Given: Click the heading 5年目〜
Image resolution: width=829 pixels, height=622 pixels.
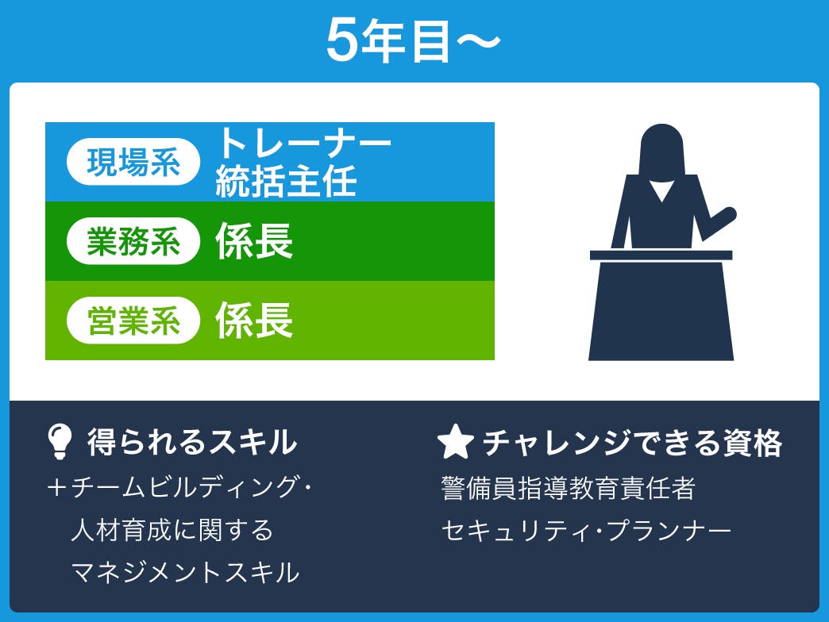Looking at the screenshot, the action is [x=412, y=40].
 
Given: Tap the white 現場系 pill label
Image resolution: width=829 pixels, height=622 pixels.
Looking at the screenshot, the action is [x=133, y=162].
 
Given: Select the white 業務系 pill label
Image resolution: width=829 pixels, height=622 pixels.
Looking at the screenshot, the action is [x=133, y=240].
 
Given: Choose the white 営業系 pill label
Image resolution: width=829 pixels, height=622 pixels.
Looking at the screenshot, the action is [x=133, y=321].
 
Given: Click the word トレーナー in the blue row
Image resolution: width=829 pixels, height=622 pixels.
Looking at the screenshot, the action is [x=303, y=143].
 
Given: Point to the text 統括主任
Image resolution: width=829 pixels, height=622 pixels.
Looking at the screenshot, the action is [x=286, y=181].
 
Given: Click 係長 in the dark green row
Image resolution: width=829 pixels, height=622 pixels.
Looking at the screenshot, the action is [x=254, y=240].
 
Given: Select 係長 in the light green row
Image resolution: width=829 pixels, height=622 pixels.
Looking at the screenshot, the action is [x=254, y=321].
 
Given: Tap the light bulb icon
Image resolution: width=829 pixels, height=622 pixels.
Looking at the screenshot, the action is [x=60, y=441].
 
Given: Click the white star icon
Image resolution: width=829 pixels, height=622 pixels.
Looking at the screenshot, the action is [x=455, y=441].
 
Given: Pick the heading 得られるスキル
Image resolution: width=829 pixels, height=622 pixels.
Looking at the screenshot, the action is [x=192, y=441].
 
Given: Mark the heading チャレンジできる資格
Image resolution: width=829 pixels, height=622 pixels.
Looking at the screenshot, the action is [x=632, y=443].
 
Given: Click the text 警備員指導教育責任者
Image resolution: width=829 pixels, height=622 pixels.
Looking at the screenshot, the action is [x=569, y=488].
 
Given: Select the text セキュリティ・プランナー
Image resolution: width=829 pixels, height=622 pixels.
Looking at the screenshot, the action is [x=586, y=531].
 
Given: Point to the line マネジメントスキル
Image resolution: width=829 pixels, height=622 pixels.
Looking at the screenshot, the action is [x=185, y=573].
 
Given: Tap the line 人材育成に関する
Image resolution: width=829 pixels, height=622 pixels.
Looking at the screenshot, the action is [x=172, y=530].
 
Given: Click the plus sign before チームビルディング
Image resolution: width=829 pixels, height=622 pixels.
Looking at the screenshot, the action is [x=56, y=487].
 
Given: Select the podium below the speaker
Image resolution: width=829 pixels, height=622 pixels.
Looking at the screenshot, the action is [x=661, y=305].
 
